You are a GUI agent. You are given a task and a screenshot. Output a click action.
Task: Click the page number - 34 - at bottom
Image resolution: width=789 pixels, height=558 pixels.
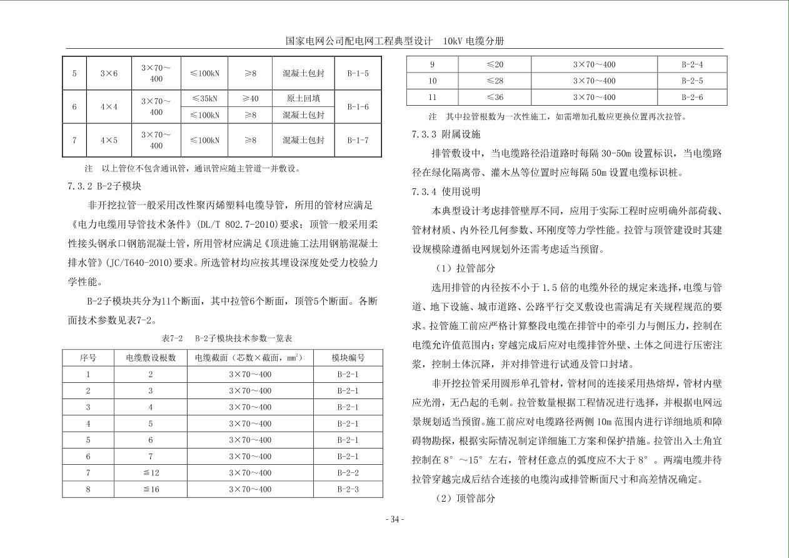tap(394, 519)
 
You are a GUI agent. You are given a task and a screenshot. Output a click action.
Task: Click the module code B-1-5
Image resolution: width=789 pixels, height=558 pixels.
tap(358, 73)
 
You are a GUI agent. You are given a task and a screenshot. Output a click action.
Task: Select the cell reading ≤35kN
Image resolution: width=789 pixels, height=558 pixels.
tap(204, 98)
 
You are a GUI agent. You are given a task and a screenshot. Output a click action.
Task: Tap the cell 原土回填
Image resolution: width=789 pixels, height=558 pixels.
tap(303, 98)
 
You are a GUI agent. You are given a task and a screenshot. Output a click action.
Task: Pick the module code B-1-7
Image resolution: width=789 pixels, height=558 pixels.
tap(358, 140)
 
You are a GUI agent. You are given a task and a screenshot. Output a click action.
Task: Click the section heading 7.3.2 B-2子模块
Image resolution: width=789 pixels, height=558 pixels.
tap(104, 186)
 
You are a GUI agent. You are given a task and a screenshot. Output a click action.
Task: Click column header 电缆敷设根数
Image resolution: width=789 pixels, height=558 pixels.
tap(151, 358)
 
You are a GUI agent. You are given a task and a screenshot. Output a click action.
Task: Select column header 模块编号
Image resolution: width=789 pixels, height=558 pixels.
tap(348, 358)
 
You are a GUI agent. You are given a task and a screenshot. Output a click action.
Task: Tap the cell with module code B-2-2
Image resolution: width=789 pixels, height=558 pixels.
tap(348, 473)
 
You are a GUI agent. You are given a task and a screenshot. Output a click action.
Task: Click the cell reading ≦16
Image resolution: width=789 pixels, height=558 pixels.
tap(151, 489)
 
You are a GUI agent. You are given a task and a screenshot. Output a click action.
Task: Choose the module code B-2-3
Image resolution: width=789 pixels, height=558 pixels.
tap(348, 489)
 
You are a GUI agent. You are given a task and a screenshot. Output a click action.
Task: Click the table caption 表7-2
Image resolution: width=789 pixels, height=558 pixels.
tap(172, 338)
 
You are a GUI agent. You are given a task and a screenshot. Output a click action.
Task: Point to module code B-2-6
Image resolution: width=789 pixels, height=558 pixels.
tap(692, 97)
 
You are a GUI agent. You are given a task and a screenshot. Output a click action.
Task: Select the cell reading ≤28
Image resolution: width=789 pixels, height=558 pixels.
tap(495, 81)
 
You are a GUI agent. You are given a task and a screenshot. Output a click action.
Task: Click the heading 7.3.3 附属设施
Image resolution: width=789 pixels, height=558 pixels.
tap(446, 134)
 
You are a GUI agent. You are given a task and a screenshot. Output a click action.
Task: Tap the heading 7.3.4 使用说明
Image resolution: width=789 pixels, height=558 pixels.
tap(446, 191)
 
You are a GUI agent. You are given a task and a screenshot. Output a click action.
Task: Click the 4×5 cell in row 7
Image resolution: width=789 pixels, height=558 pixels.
tap(109, 140)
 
